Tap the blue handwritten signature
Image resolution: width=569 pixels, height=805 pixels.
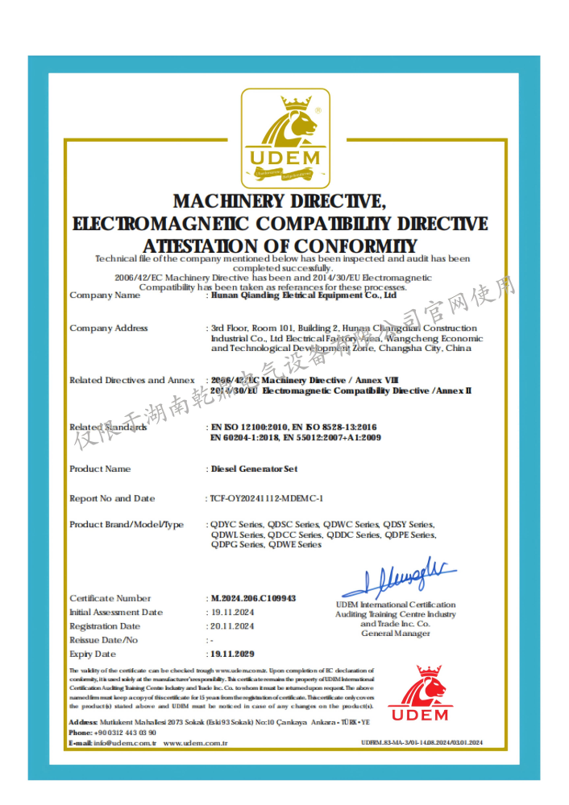[400, 575]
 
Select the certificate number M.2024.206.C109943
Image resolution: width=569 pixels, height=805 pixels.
[252, 598]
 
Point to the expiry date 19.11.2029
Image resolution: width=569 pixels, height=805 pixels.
[232, 654]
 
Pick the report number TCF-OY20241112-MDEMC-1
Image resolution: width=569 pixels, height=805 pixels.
[267, 498]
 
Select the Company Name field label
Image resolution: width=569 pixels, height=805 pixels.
[105, 295]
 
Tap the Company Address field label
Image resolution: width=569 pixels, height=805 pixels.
[109, 328]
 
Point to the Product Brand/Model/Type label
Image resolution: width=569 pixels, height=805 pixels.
[127, 524]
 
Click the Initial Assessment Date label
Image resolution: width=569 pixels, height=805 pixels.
[116, 613]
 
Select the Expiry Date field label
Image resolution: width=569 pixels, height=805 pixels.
[93, 654]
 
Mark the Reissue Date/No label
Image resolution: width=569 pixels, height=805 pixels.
[104, 640]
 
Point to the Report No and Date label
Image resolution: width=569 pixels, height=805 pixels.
[112, 498]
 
